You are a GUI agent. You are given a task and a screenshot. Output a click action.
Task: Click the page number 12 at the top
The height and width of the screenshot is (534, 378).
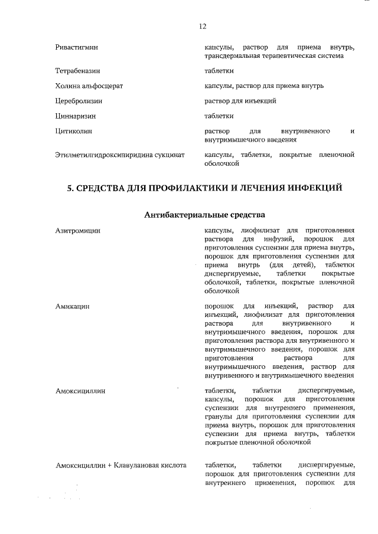click(x=202, y=26)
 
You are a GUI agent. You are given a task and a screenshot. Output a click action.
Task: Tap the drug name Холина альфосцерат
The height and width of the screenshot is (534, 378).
click(x=89, y=86)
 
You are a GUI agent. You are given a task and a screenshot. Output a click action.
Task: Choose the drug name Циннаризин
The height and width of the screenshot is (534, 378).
click(x=76, y=116)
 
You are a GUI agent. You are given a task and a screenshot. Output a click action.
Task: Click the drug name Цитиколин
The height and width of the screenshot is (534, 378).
click(x=74, y=130)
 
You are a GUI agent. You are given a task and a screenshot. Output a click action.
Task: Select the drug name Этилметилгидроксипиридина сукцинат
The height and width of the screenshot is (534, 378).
click(x=120, y=155)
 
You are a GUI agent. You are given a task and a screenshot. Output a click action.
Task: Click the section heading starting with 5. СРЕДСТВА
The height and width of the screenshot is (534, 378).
click(x=204, y=189)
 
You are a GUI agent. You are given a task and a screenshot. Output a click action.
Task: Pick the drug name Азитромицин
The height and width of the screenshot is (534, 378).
click(x=77, y=231)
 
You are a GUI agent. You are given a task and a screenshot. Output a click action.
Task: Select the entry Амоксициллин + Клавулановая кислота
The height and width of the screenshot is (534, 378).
click(x=121, y=466)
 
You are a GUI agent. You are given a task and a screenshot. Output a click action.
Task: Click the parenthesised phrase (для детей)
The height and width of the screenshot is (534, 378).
click(x=292, y=266)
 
